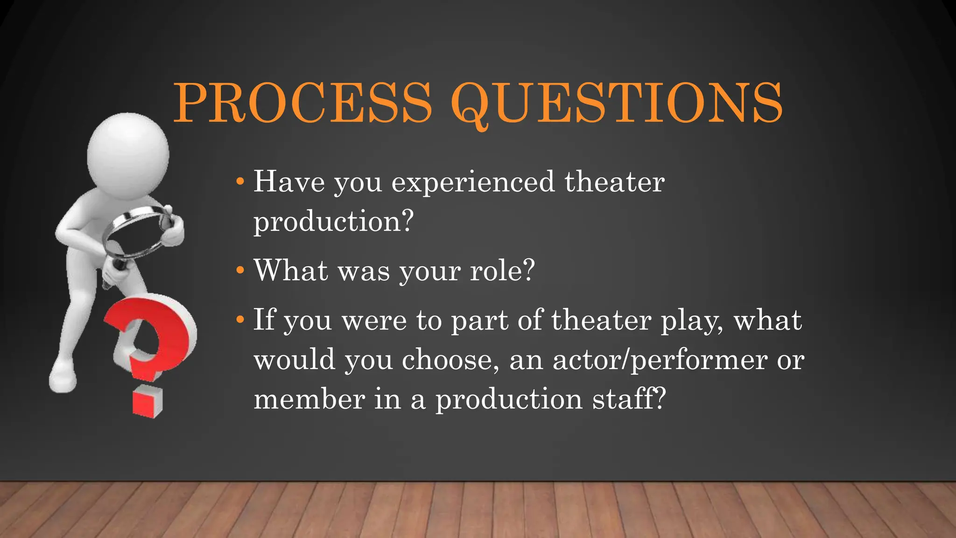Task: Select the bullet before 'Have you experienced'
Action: pyautogui.click(x=240, y=181)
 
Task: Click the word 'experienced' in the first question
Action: pyautogui.click(x=473, y=182)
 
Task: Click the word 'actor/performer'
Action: pyautogui.click(x=660, y=361)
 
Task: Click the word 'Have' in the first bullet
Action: pyautogui.click(x=288, y=182)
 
